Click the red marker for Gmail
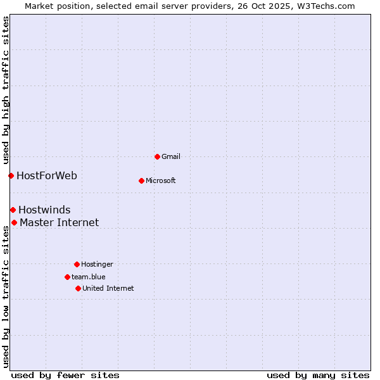coord(157,156)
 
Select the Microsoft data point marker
coord(141,180)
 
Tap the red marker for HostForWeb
coord(11,175)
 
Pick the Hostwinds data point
coord(13,210)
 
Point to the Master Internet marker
coord(14,222)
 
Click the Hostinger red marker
coord(77,264)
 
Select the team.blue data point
coord(67,277)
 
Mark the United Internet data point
coord(78,288)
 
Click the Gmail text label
coord(171,156)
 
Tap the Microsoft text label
coord(161,180)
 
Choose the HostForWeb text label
coord(47,175)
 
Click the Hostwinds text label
coord(44,210)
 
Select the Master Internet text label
coord(60,222)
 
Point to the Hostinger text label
coord(97,264)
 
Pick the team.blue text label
coord(89,277)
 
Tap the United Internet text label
coord(108,288)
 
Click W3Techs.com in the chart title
coord(327,6)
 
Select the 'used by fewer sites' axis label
coord(65,375)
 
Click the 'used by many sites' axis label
coord(318,375)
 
